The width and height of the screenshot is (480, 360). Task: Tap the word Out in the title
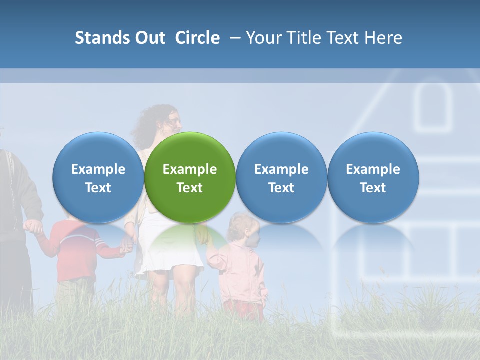148,38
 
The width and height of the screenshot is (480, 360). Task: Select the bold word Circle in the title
197,38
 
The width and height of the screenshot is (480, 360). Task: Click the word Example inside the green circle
190,169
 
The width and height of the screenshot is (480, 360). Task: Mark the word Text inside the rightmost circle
373,188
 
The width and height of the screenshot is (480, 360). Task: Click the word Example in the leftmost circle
98,169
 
